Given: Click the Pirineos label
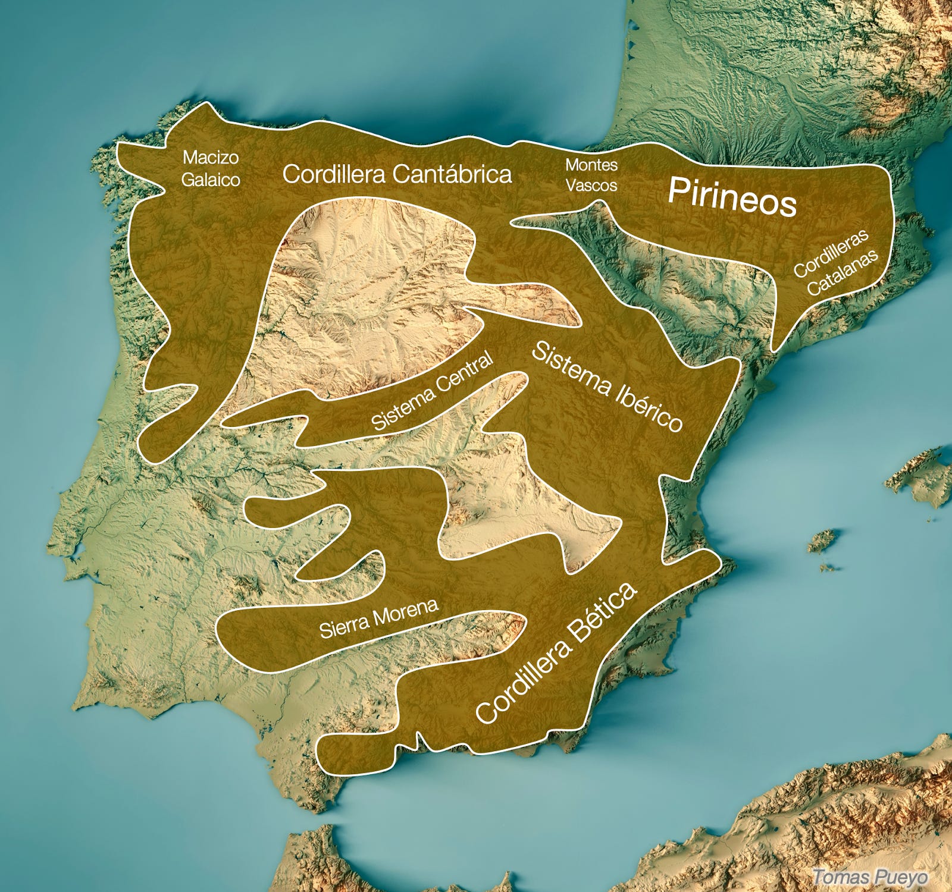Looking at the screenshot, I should coord(731,197).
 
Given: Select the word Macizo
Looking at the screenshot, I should coord(211,158).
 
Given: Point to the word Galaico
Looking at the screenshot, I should coord(211,180).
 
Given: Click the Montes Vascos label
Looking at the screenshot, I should coord(591,175).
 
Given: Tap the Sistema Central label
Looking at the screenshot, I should coord(433,391).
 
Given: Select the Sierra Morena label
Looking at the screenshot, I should coord(379,618).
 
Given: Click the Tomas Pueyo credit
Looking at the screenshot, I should coord(869,877).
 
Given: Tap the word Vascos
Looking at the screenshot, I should coord(591,185).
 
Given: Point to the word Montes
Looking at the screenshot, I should coord(591,164).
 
